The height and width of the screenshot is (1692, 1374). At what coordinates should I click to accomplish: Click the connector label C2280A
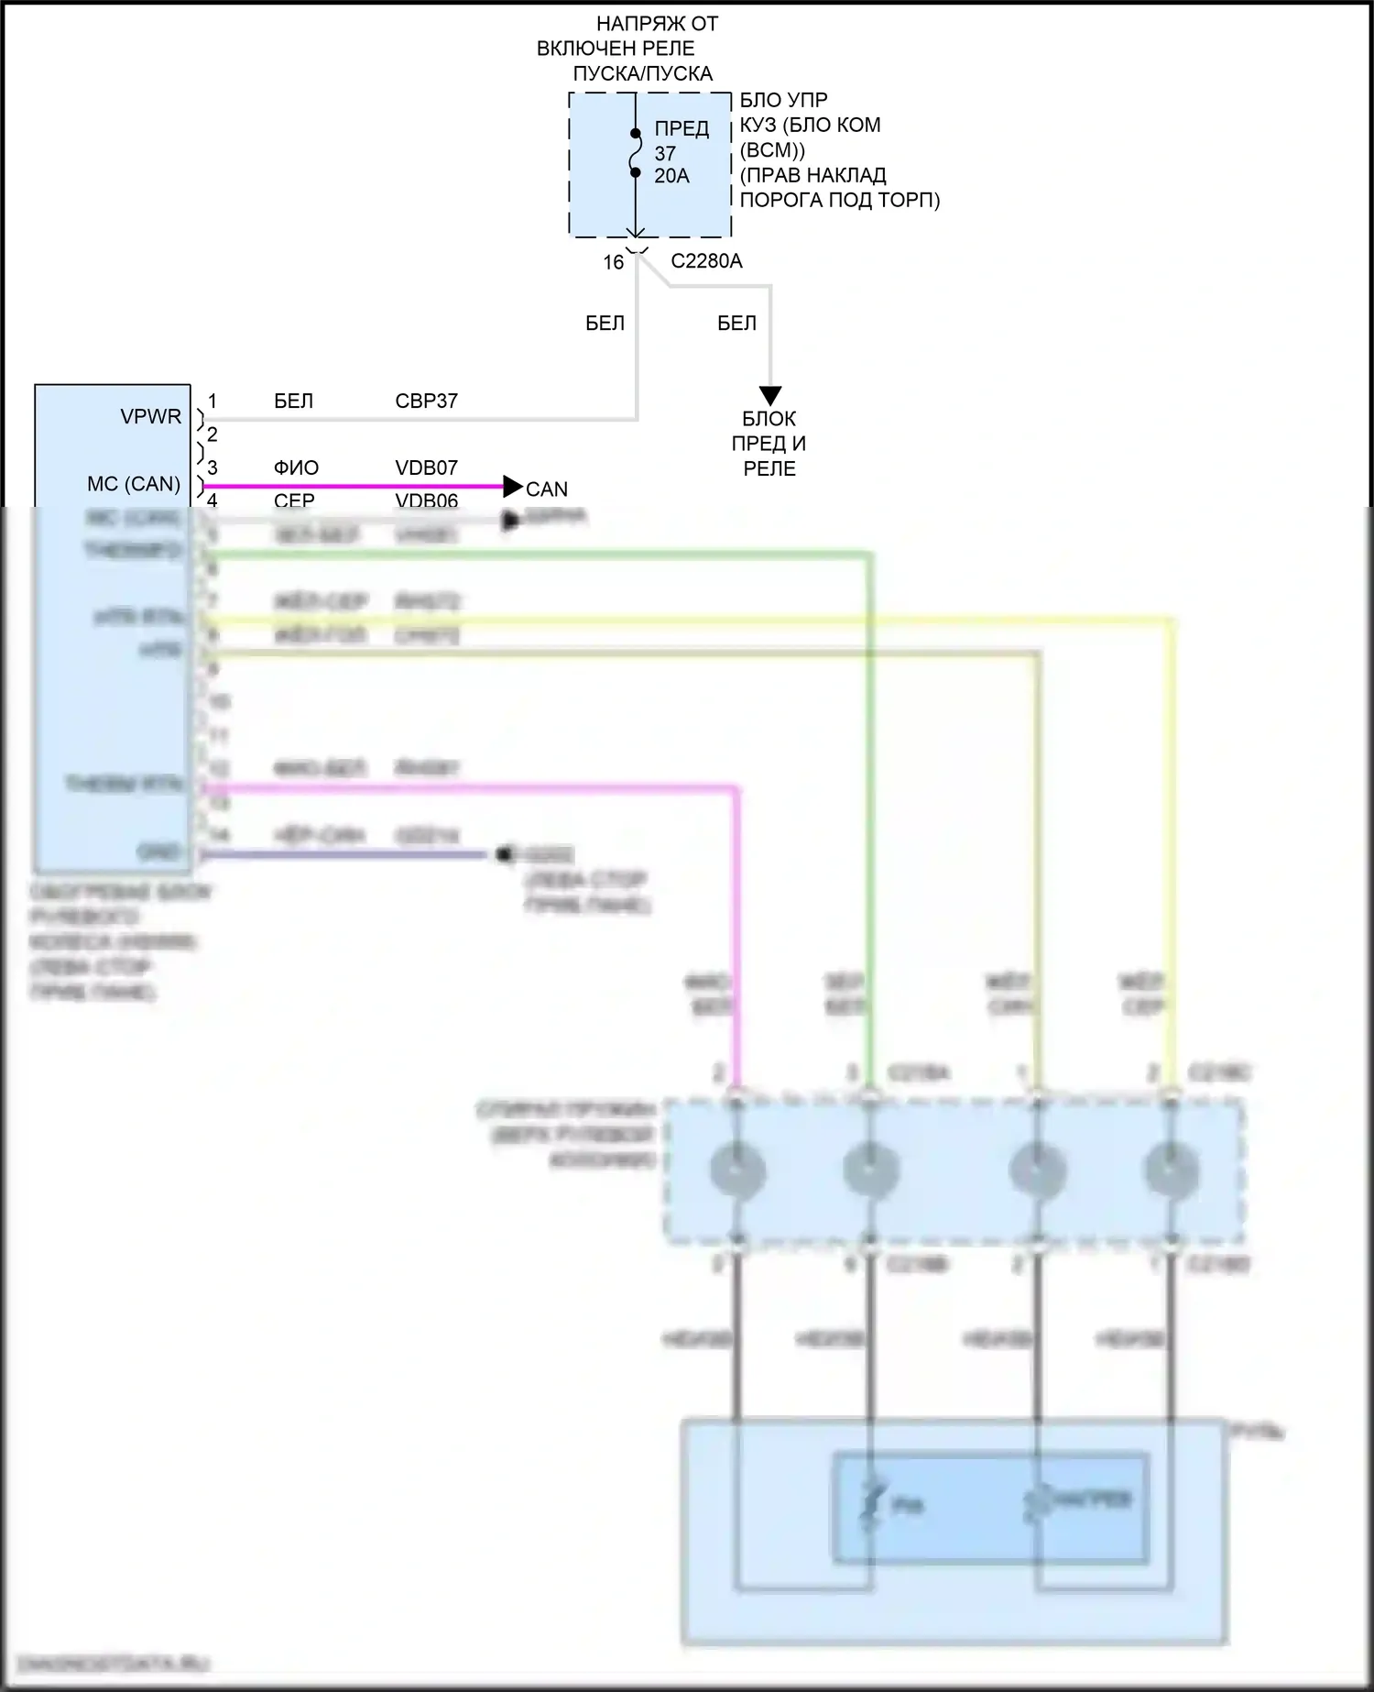coord(706,261)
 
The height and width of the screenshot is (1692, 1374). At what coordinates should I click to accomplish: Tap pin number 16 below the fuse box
coord(613,262)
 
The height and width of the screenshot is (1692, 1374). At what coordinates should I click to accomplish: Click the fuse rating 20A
coord(671,176)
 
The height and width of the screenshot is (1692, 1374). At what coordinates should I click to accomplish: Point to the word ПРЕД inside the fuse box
coord(682,129)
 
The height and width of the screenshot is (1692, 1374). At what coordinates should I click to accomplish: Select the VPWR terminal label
coord(151,417)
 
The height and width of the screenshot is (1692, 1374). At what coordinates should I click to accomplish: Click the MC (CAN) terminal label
coord(134,484)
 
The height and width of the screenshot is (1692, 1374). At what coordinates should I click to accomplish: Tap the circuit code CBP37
coord(426,401)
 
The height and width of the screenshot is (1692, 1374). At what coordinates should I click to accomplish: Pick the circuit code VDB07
coord(426,468)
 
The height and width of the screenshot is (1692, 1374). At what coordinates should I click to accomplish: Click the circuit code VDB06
coord(426,500)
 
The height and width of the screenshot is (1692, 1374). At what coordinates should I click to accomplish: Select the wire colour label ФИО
coord(296,468)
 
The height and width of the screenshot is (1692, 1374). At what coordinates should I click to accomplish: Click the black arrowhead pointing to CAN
coord(513,487)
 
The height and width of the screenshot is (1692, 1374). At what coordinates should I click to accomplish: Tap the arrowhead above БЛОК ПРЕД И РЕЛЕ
coord(770,396)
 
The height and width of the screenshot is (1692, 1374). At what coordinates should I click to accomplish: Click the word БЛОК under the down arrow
coord(769,419)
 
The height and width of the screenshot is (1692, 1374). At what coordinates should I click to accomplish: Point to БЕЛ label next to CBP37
coord(293,401)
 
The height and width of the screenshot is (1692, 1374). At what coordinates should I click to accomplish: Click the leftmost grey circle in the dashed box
coord(737,1170)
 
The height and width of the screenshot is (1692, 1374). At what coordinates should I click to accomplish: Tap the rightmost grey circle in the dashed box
coord(1171,1170)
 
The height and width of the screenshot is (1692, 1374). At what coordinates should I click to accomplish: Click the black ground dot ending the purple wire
coord(502,854)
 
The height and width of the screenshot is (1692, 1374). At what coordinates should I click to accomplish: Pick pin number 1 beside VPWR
coord(213,401)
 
